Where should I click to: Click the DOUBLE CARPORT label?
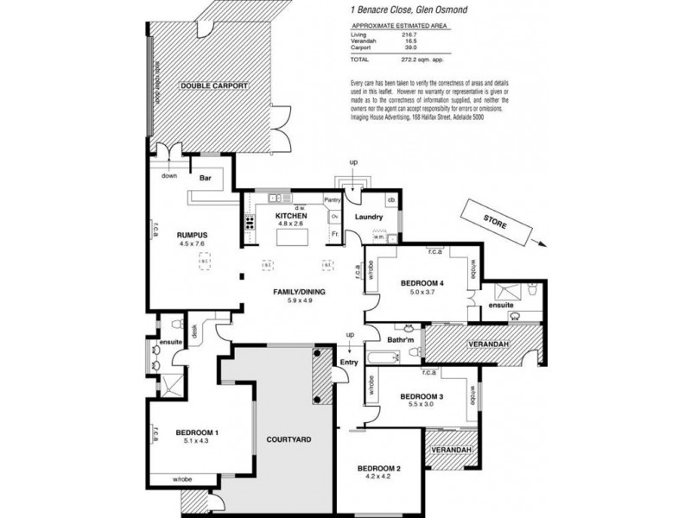point(214,86)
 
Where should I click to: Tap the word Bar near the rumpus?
point(206,179)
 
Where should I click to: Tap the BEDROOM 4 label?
point(422,283)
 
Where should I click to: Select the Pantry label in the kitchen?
point(333,200)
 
